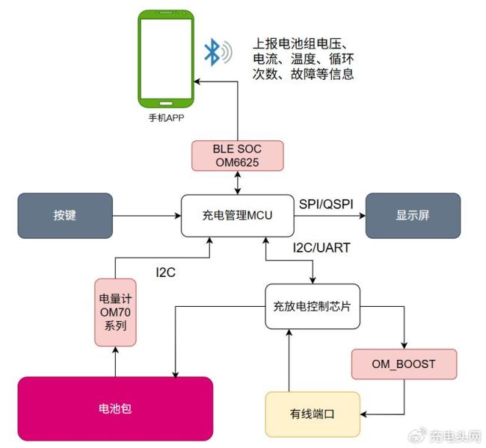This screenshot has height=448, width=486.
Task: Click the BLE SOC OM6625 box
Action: tap(237, 155)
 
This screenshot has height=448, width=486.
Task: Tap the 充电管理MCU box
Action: tap(237, 216)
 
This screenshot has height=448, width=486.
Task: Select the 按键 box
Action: tap(65, 216)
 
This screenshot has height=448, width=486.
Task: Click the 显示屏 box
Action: tap(411, 216)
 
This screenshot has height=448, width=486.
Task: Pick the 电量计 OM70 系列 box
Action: tap(116, 312)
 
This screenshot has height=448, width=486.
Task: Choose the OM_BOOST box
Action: tap(404, 365)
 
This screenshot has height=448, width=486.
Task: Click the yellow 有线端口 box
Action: tap(313, 413)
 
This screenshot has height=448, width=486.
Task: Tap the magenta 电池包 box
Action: tap(115, 408)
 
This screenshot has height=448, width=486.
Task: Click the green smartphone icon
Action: tap(165, 58)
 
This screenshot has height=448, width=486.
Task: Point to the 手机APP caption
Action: tap(165, 117)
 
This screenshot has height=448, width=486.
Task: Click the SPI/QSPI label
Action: tap(327, 204)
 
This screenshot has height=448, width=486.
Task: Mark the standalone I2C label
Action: tap(165, 273)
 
